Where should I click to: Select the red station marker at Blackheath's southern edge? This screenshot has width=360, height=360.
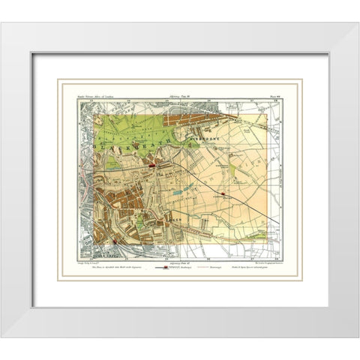click(x=152, y=165)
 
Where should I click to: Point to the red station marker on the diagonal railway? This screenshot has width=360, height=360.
click(x=223, y=193)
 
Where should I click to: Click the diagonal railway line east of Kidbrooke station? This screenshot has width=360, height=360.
click(x=247, y=206)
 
